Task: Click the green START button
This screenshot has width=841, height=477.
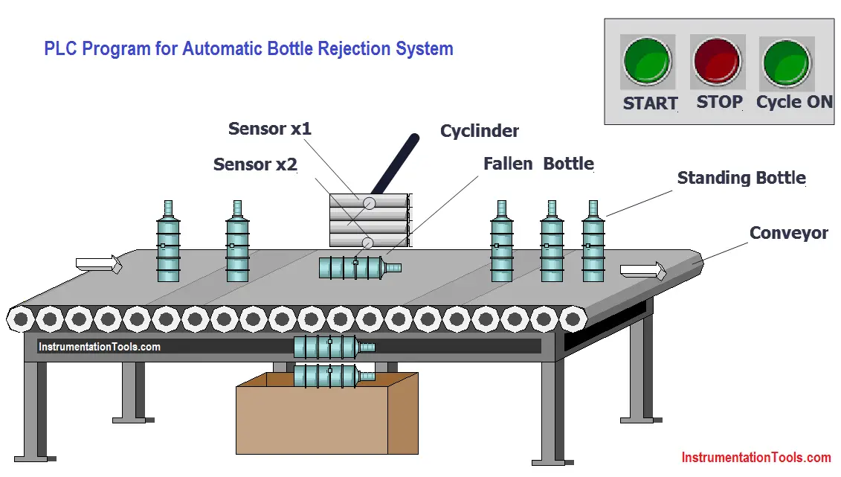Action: click(648, 61)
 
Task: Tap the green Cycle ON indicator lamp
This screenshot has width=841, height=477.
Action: click(786, 63)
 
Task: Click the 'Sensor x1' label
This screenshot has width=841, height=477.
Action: click(270, 129)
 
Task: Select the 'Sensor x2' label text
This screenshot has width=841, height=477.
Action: click(255, 164)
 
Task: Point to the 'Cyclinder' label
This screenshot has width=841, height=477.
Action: click(480, 131)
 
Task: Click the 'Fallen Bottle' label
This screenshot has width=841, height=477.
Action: click(538, 164)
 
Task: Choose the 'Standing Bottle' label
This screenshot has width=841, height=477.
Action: click(741, 178)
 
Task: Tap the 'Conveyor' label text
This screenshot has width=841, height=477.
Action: click(788, 233)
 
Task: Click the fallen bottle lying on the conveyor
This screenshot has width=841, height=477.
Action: click(360, 267)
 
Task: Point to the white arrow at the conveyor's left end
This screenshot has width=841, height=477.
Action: click(99, 264)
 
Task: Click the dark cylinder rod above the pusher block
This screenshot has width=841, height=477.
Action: click(396, 164)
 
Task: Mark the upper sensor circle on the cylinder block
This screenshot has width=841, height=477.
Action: click(369, 203)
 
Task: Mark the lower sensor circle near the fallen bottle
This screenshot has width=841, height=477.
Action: click(367, 243)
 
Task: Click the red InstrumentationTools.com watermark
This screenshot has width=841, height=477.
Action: click(756, 458)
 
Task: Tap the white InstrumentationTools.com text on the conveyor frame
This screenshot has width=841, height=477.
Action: click(99, 348)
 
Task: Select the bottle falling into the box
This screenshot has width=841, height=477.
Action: click(334, 376)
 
